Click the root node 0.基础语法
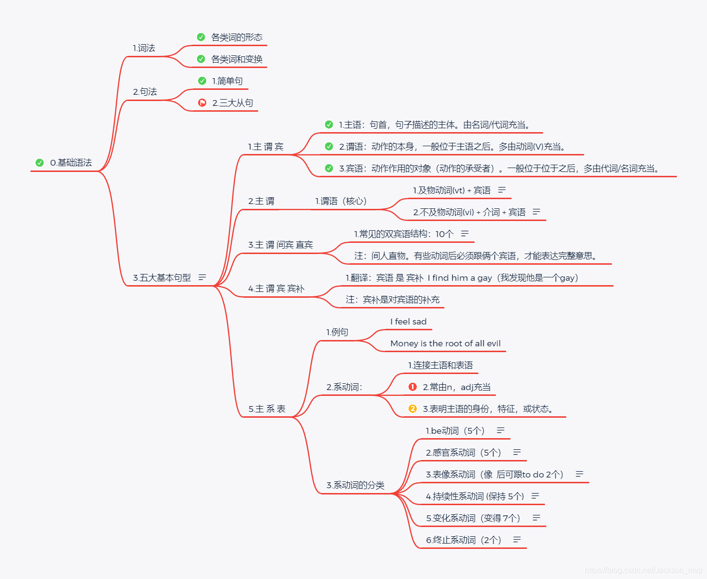pyautogui.click(x=71, y=163)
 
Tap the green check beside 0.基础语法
pyautogui.click(x=40, y=163)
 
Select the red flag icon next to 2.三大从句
pyautogui.click(x=202, y=102)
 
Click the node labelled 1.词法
pyautogui.click(x=144, y=48)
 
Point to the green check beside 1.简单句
pyautogui.click(x=202, y=81)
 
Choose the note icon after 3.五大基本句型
pyautogui.click(x=202, y=277)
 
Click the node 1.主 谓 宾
pyautogui.click(x=265, y=147)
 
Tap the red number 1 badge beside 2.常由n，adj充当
pyautogui.click(x=412, y=387)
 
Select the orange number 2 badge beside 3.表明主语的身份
pyautogui.click(x=412, y=409)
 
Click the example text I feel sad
pyautogui.click(x=408, y=322)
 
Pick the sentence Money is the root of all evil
pyautogui.click(x=445, y=343)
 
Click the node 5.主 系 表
pyautogui.click(x=267, y=409)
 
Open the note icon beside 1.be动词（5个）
pyautogui.click(x=501, y=430)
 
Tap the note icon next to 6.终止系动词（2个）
pyautogui.click(x=517, y=540)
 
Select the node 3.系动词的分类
pyautogui.click(x=355, y=485)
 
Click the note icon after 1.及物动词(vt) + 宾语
pyautogui.click(x=502, y=190)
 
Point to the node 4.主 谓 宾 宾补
pyautogui.click(x=276, y=289)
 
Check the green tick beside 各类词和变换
pyautogui.click(x=201, y=59)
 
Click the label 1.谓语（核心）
pyautogui.click(x=341, y=201)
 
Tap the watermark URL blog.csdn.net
pyautogui.click(x=643, y=570)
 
